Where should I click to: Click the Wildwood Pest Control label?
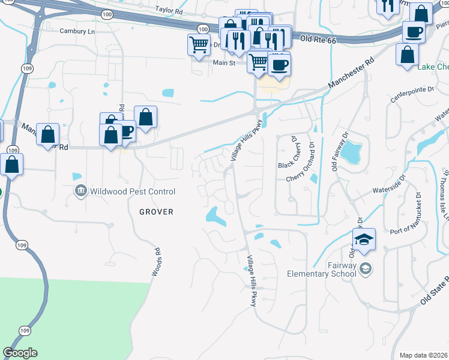pyautogui.click(x=133, y=191)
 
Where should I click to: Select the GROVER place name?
pyautogui.click(x=156, y=212)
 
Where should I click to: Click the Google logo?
pyautogui.click(x=20, y=353)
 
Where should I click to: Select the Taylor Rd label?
pyautogui.click(x=168, y=10)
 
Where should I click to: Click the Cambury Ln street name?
pyautogui.click(x=77, y=31)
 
